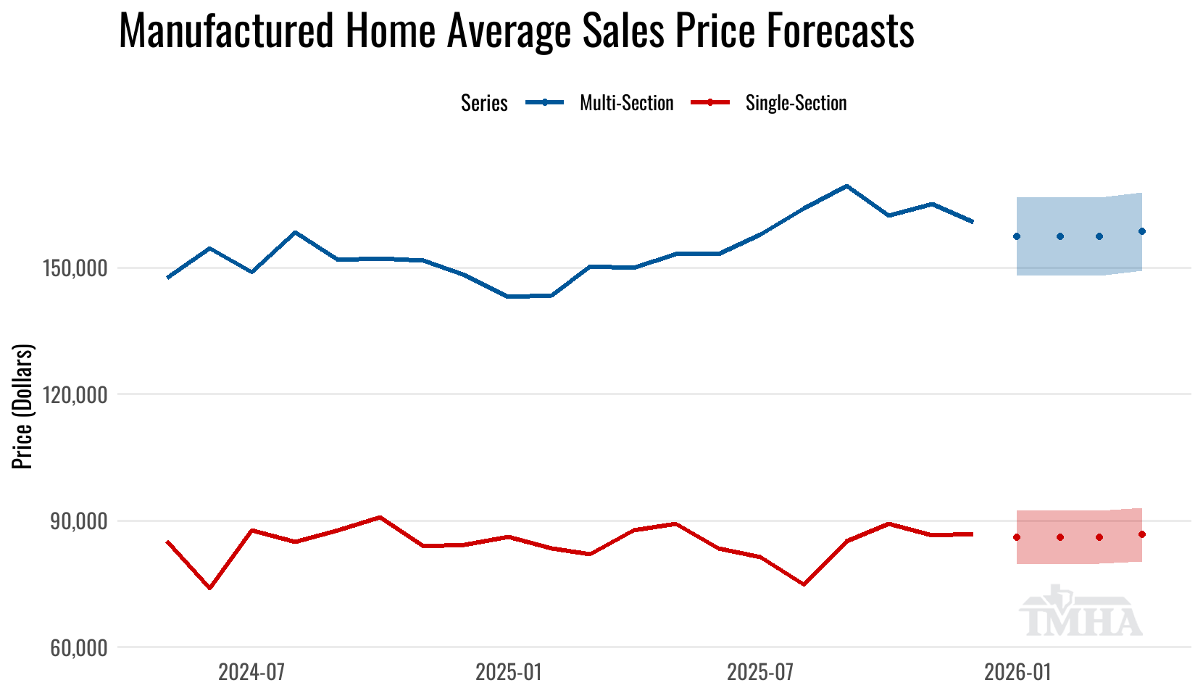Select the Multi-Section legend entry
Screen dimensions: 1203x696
pyautogui.click(x=599, y=103)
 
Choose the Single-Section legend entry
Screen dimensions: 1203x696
pyautogui.click(x=769, y=103)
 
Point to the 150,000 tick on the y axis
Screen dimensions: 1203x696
pyautogui.click(x=75, y=268)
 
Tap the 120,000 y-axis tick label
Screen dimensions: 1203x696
pyautogui.click(x=75, y=395)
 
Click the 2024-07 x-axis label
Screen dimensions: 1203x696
pyautogui.click(x=251, y=672)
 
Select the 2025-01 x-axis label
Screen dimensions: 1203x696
pyautogui.click(x=509, y=672)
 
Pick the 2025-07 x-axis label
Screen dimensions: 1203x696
pyautogui.click(x=760, y=672)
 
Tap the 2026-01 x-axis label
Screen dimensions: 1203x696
pyautogui.click(x=1017, y=672)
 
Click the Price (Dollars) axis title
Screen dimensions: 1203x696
pyautogui.click(x=22, y=406)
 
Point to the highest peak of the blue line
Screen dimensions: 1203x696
pyautogui.click(x=846, y=186)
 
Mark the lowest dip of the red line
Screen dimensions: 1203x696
pyautogui.click(x=209, y=588)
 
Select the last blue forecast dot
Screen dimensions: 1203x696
pyautogui.click(x=1142, y=231)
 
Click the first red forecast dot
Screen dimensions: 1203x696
pyautogui.click(x=1017, y=537)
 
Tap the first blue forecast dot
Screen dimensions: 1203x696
pyautogui.click(x=1017, y=236)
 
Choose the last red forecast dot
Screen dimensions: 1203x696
pyautogui.click(x=1142, y=534)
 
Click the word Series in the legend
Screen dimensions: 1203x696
pyautogui.click(x=484, y=103)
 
